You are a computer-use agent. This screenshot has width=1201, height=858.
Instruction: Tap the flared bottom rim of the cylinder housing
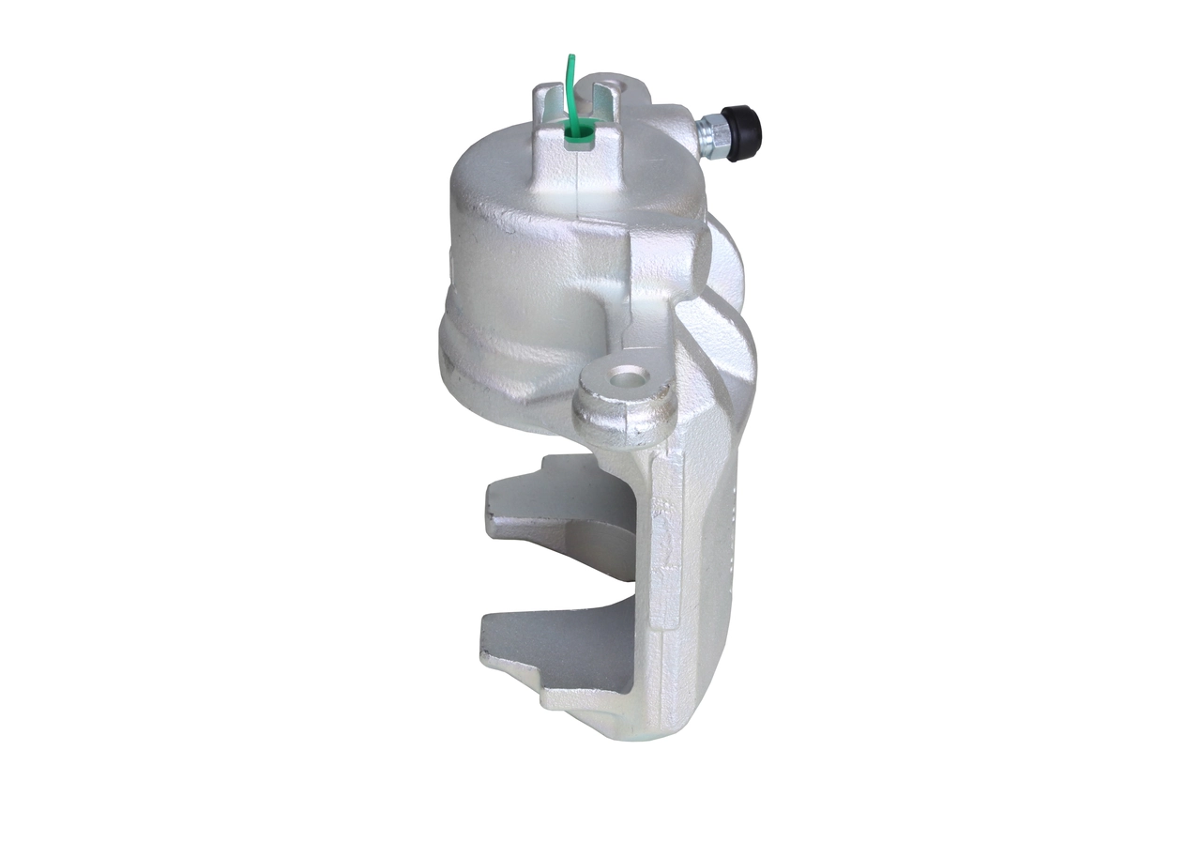tap(488, 375)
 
